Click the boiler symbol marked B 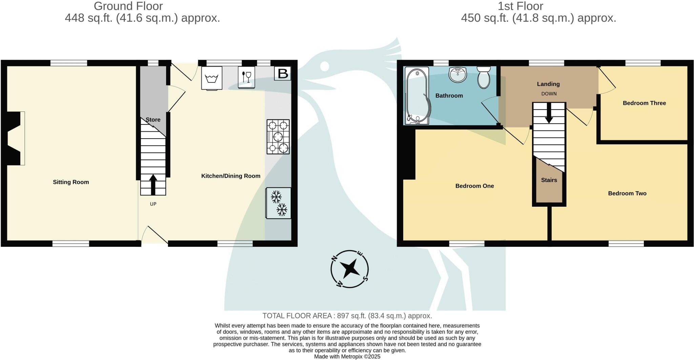(x=283, y=74)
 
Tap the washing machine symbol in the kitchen (x=212, y=78)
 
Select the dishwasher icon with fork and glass (x=246, y=77)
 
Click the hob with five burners (x=278, y=137)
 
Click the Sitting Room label (x=71, y=182)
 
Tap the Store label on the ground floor (x=153, y=120)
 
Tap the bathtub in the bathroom (x=417, y=96)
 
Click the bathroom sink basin (x=458, y=75)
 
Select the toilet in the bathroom (x=484, y=77)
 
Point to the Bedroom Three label (x=644, y=103)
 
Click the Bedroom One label (x=474, y=186)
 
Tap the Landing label (x=548, y=84)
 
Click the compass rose (x=349, y=269)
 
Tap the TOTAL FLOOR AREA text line (x=347, y=316)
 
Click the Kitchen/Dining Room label (x=231, y=176)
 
